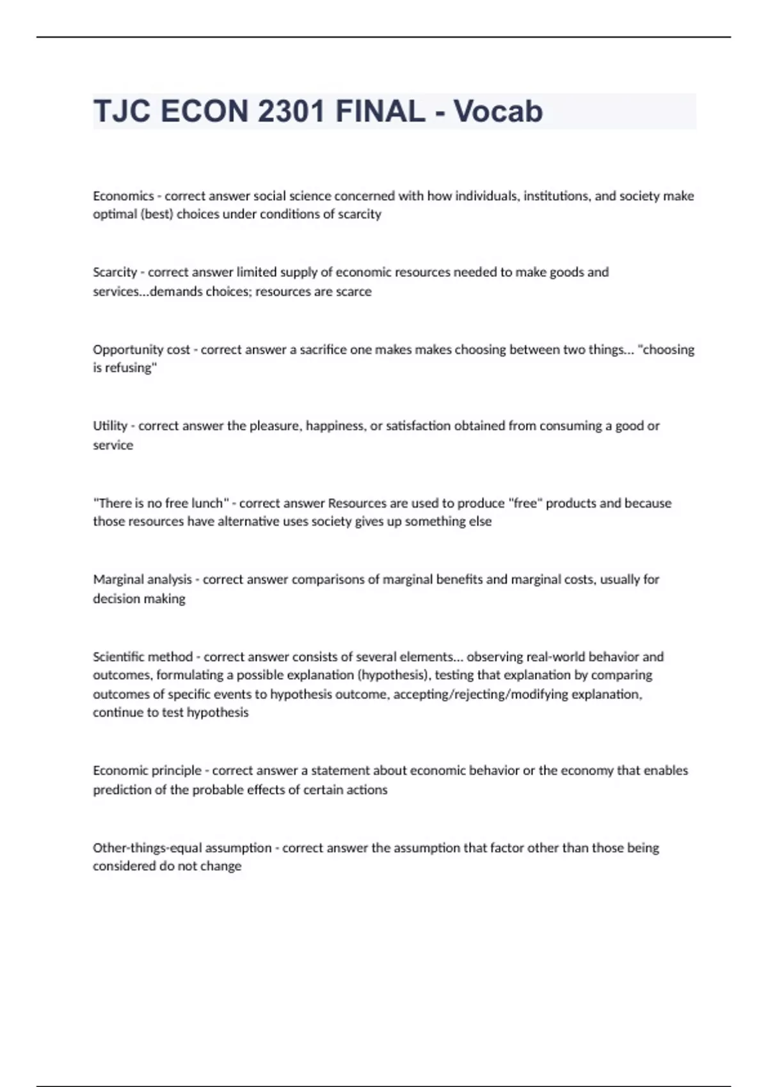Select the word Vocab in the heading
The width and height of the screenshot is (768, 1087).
(x=498, y=111)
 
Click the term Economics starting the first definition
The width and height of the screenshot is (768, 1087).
(x=124, y=196)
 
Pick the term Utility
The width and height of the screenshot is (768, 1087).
(x=110, y=426)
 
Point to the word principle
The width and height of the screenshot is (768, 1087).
(x=177, y=771)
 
